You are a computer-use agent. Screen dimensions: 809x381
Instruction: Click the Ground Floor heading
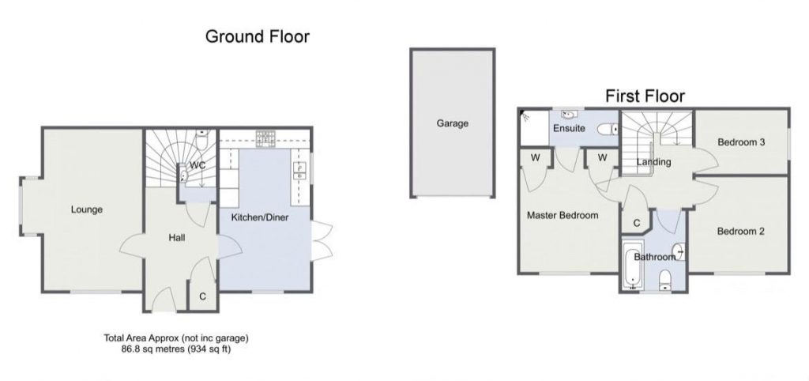[x=258, y=36]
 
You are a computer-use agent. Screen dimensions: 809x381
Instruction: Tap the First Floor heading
[x=645, y=96]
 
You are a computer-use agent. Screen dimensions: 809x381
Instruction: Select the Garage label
[x=453, y=123]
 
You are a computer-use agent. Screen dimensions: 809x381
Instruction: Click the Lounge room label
[x=87, y=209]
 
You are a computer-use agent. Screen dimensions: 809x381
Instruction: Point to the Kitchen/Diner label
[x=259, y=217]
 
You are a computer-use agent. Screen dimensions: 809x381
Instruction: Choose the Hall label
[x=177, y=237]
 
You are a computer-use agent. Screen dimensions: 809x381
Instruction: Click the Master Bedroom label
[x=563, y=215]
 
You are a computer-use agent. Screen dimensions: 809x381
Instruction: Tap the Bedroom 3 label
[x=741, y=142]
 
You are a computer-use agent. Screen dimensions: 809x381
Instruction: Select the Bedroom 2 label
[x=740, y=232]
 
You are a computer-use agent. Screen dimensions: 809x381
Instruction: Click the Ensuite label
[x=569, y=128]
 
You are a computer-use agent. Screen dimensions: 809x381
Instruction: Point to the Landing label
[x=653, y=161]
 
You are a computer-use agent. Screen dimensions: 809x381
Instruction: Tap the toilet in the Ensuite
[x=608, y=129]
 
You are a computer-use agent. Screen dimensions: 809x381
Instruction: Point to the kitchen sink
[x=299, y=171]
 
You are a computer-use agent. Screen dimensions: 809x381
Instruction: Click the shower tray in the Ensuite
[x=533, y=128]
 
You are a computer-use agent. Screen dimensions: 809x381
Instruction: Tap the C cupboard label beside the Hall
[x=203, y=296]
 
